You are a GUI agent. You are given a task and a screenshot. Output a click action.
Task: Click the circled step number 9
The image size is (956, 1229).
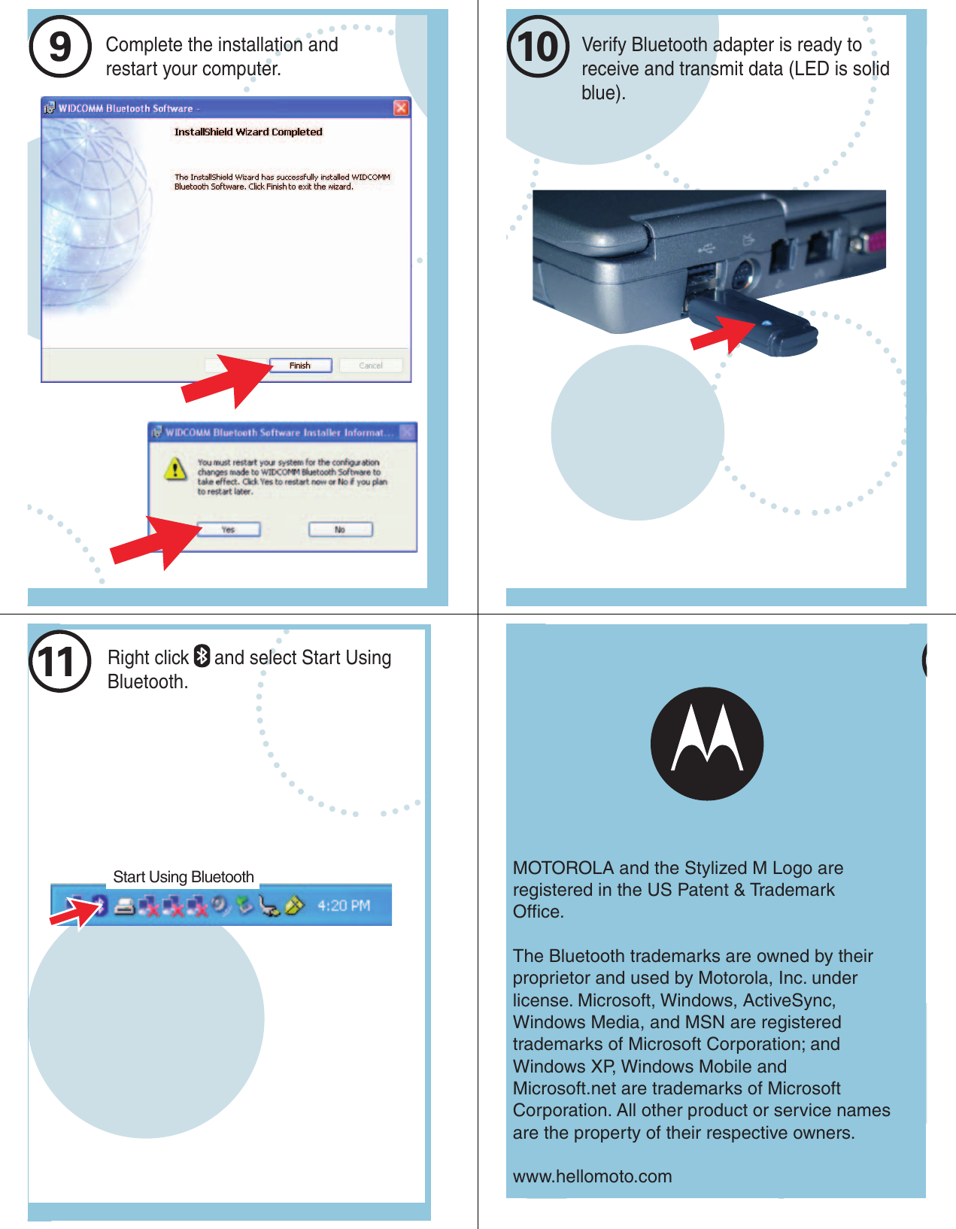pyautogui.click(x=60, y=47)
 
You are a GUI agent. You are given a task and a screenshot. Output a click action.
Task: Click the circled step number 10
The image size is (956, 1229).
pyautogui.click(x=538, y=47)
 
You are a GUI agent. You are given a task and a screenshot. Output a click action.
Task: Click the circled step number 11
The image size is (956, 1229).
pyautogui.click(x=59, y=662)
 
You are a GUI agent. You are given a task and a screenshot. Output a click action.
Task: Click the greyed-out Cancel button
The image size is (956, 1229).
pyautogui.click(x=371, y=366)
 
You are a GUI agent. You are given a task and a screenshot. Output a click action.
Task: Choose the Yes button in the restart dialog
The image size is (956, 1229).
pyautogui.click(x=229, y=530)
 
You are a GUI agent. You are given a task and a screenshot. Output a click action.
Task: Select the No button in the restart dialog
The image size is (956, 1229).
pyautogui.click(x=340, y=530)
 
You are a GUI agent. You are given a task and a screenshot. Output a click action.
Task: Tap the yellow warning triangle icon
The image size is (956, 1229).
pyautogui.click(x=175, y=469)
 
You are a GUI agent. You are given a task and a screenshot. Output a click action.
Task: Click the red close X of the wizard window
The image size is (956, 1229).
pyautogui.click(x=402, y=108)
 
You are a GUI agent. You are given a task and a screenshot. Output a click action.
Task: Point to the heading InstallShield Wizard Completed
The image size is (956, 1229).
pyautogui.click(x=248, y=132)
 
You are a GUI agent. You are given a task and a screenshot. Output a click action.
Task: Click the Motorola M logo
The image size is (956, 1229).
pyautogui.click(x=707, y=743)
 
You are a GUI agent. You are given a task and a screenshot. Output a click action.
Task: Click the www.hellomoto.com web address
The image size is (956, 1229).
pyautogui.click(x=592, y=1176)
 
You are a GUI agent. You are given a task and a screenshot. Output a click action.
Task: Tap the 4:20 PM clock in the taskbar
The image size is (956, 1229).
pyautogui.click(x=344, y=906)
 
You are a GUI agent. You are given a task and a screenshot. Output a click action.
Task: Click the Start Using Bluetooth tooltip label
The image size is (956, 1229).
pyautogui.click(x=184, y=877)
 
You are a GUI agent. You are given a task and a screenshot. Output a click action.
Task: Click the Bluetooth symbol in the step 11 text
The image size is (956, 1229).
pyautogui.click(x=202, y=657)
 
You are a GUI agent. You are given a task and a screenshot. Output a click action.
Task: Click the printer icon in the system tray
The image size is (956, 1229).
pyautogui.click(x=125, y=906)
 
